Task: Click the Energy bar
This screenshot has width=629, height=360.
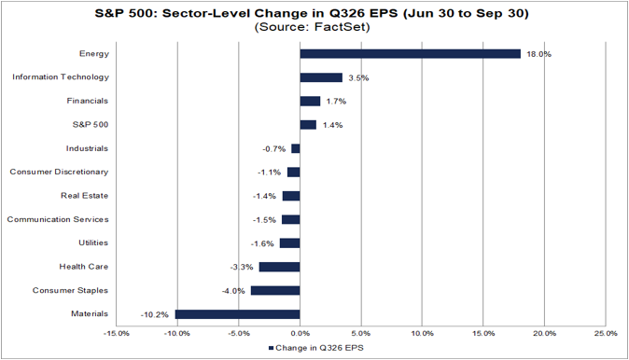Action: point(410,54)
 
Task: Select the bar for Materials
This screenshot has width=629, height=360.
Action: point(237,314)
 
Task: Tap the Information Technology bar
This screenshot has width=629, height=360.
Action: point(321,77)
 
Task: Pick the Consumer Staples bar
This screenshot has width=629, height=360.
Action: point(275,291)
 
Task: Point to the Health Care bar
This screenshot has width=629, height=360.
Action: point(280,267)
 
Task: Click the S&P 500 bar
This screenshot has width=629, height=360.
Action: point(308,125)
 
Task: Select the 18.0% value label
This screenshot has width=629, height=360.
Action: point(538,54)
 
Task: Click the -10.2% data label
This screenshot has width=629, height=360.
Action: point(154,314)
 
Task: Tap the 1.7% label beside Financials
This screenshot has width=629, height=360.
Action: point(336,102)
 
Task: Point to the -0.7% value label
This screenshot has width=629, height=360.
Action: point(274,149)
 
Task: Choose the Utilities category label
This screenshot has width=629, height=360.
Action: point(93,242)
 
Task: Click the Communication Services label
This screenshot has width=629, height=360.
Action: point(58,219)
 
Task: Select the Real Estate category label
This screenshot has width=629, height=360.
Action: point(84,196)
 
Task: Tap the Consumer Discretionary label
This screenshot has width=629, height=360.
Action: point(59,172)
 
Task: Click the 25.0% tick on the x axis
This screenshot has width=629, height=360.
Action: point(606,334)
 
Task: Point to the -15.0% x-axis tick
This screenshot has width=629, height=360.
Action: point(117,334)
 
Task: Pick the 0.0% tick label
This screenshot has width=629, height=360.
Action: point(301,334)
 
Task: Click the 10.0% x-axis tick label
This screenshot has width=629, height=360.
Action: point(423,334)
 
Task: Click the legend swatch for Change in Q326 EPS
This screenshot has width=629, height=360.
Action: point(271,348)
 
